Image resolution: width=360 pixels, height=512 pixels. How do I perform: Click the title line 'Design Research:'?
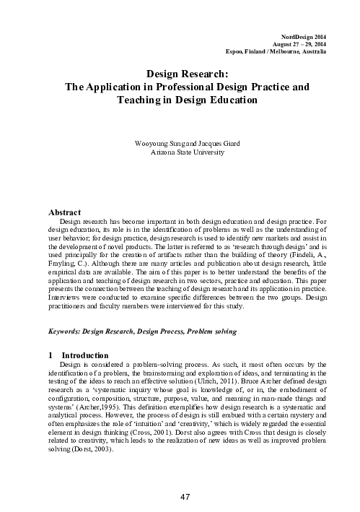tap(188, 74)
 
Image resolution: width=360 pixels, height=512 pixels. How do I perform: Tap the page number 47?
tap(184, 498)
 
